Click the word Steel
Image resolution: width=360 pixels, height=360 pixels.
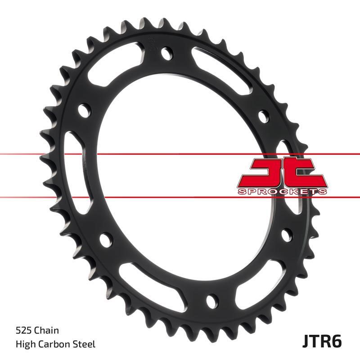click(x=85, y=345)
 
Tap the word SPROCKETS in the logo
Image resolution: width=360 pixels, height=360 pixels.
click(x=282, y=192)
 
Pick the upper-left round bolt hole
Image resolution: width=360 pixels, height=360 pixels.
click(x=84, y=110)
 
